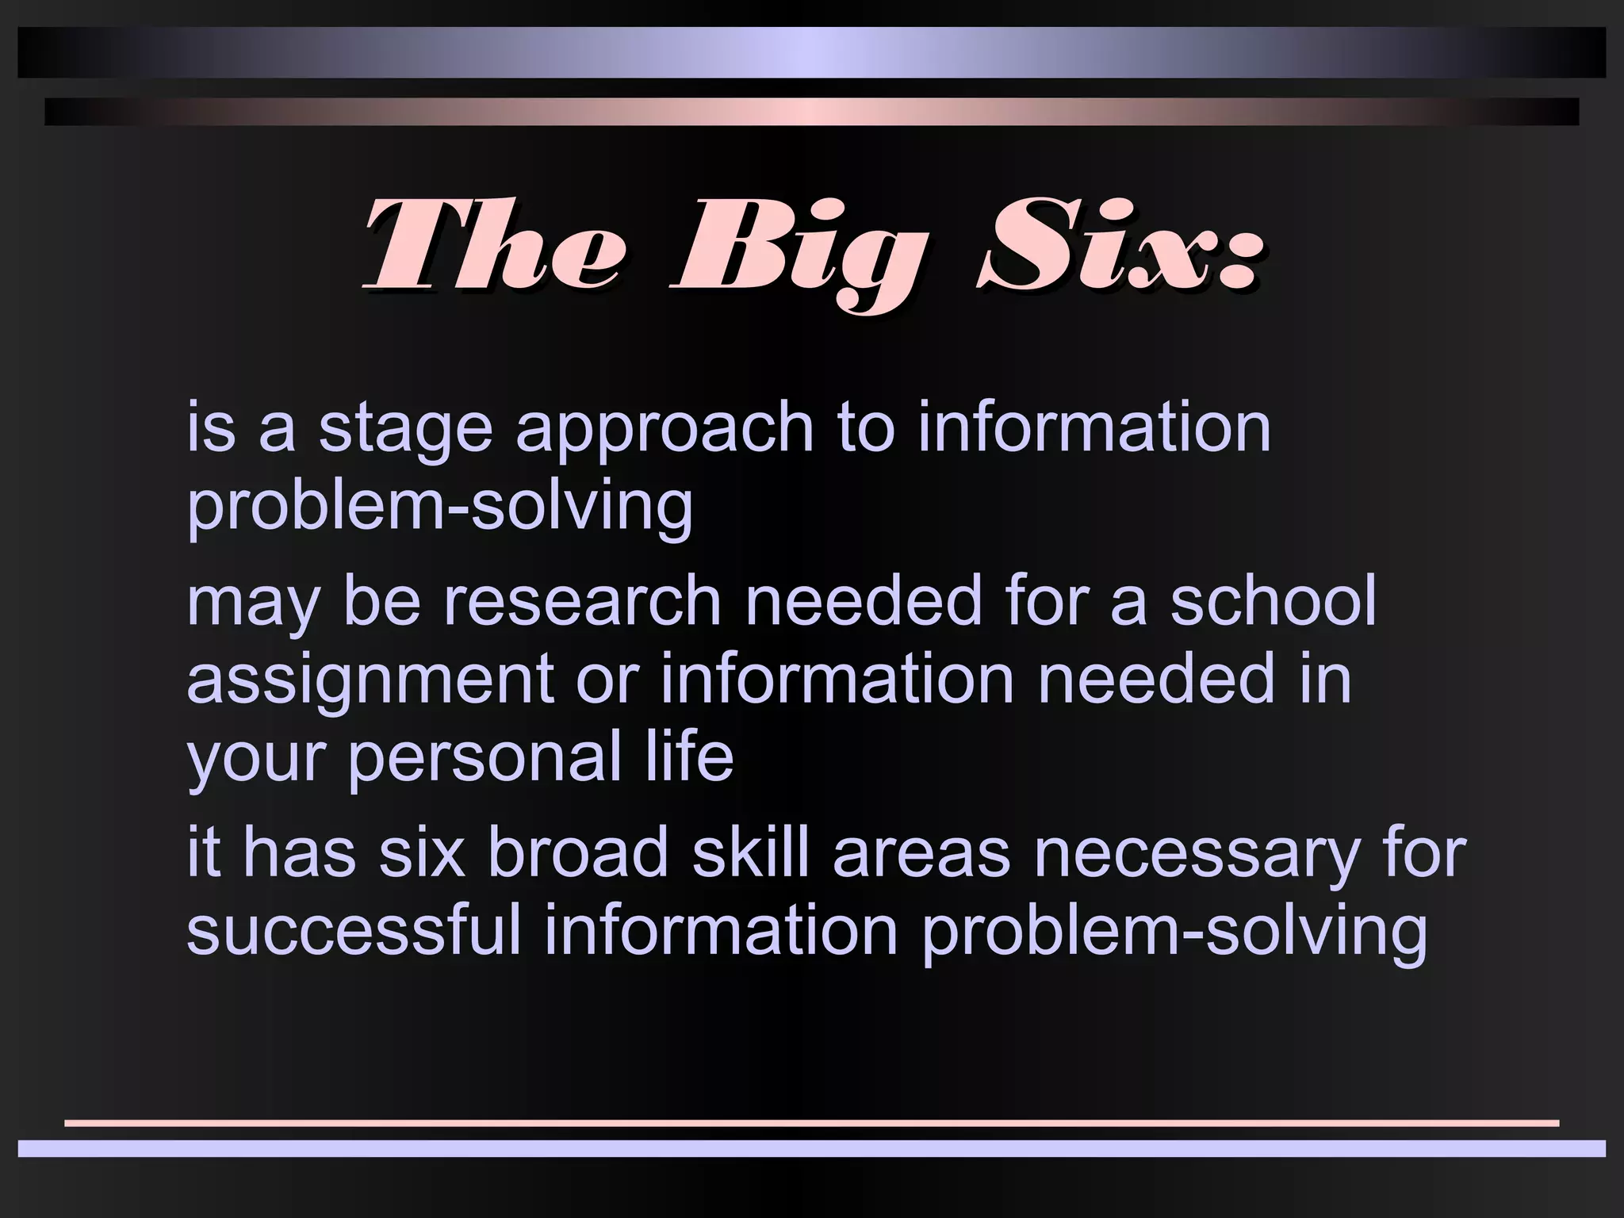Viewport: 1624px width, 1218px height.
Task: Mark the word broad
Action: (x=578, y=853)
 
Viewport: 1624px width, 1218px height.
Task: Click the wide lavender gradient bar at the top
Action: (x=812, y=52)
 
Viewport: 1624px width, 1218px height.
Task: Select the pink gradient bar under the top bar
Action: (x=812, y=112)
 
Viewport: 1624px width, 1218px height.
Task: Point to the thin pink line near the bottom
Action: (x=812, y=1123)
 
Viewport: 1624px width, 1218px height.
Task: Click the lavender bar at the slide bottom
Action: (x=812, y=1148)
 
